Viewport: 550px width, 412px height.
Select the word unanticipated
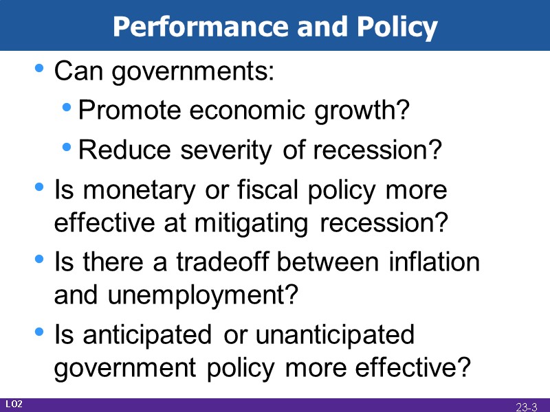click(335, 335)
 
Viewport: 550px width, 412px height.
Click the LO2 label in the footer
click(14, 404)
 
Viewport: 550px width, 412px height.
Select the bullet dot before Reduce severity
click(66, 147)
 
